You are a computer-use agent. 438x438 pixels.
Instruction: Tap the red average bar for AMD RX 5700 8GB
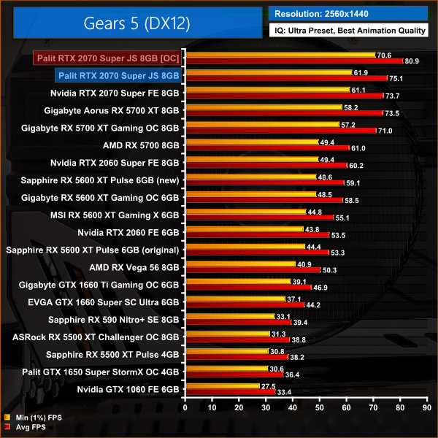[x=267, y=148]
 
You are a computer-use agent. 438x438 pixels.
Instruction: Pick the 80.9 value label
[x=411, y=61]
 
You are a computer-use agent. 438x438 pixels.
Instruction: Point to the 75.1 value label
[x=396, y=79]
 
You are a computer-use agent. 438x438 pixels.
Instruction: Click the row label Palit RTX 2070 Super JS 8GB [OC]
[x=107, y=57]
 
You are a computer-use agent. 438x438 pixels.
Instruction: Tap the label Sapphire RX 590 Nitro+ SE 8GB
[x=114, y=319]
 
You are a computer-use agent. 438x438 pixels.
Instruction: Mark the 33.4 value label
[x=285, y=393]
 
